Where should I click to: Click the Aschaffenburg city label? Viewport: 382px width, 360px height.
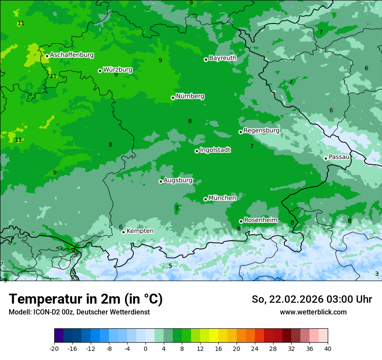pyautogui.click(x=72, y=55)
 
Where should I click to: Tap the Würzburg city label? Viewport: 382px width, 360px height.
pyautogui.click(x=118, y=70)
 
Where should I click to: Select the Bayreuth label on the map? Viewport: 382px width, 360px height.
pyautogui.click(x=223, y=58)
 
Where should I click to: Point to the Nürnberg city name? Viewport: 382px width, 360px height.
pyautogui.click(x=190, y=96)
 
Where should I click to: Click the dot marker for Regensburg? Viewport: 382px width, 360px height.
pyautogui.click(x=240, y=132)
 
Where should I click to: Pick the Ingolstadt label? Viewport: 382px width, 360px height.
pyautogui.click(x=215, y=150)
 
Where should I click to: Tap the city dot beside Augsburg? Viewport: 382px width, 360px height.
pyautogui.click(x=161, y=181)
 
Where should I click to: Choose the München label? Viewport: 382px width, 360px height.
pyautogui.click(x=222, y=198)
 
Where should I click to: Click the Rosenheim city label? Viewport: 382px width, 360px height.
pyautogui.click(x=260, y=220)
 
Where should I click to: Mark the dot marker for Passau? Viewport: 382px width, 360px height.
pyautogui.click(x=326, y=158)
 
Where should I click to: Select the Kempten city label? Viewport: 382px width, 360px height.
pyautogui.click(x=140, y=231)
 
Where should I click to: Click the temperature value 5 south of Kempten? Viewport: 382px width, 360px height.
pyautogui.click(x=170, y=266)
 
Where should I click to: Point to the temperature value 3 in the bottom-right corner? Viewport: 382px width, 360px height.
pyautogui.click(x=377, y=274)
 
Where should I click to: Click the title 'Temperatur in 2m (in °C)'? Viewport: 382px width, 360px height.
pyautogui.click(x=86, y=299)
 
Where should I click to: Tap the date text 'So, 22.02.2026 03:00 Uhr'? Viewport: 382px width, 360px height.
pyautogui.click(x=312, y=299)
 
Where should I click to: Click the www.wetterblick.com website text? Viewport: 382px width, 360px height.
pyautogui.click(x=313, y=312)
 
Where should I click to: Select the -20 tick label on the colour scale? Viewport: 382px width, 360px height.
pyautogui.click(x=54, y=349)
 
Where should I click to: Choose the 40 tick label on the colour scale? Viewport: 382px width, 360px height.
pyautogui.click(x=327, y=349)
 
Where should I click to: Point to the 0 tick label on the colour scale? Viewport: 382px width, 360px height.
pyautogui.click(x=145, y=349)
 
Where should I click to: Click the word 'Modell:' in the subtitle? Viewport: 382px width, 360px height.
pyautogui.click(x=20, y=312)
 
